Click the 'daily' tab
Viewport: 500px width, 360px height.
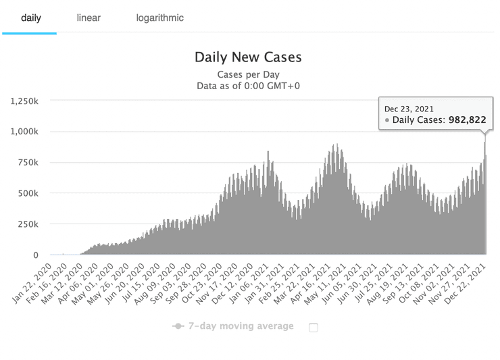coord(31,18)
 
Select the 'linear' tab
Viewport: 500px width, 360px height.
coord(89,18)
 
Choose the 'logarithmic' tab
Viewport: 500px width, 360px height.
coord(159,18)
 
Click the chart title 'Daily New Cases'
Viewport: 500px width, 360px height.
coord(248,57)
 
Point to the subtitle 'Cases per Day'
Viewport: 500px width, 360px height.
coord(248,74)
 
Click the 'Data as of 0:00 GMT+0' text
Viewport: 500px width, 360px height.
coord(248,86)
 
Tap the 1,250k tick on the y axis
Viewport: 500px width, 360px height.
coord(25,101)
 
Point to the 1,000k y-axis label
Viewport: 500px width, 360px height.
coord(25,131)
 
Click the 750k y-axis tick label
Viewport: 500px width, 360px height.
coord(29,162)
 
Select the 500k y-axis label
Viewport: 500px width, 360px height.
coord(29,193)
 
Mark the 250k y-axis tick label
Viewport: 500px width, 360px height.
coord(29,224)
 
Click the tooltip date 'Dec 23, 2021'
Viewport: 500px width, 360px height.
coord(409,109)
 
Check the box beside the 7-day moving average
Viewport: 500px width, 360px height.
coord(313,328)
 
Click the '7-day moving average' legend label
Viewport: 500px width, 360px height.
coord(242,326)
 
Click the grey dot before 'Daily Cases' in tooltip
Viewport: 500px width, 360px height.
coord(387,121)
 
